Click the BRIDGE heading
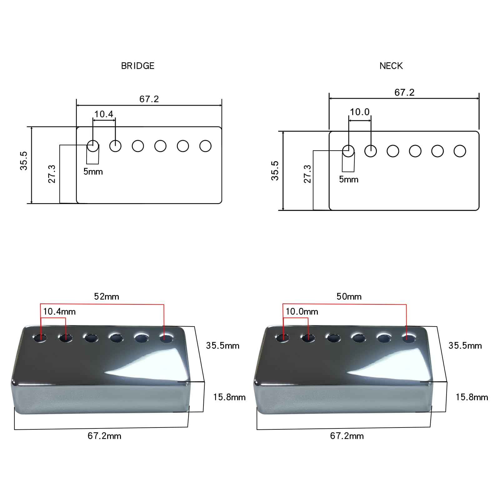tap(138, 66)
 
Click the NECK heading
tap(391, 66)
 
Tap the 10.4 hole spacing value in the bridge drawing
tap(104, 114)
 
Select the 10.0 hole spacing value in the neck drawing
tap(360, 112)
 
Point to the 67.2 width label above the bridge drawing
tap(149, 99)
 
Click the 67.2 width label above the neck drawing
tap(404, 92)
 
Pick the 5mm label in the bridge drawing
tap(93, 172)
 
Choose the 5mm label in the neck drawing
tap(349, 179)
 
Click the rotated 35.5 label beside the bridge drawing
tap(24, 161)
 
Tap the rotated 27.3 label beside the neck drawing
tap(307, 174)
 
